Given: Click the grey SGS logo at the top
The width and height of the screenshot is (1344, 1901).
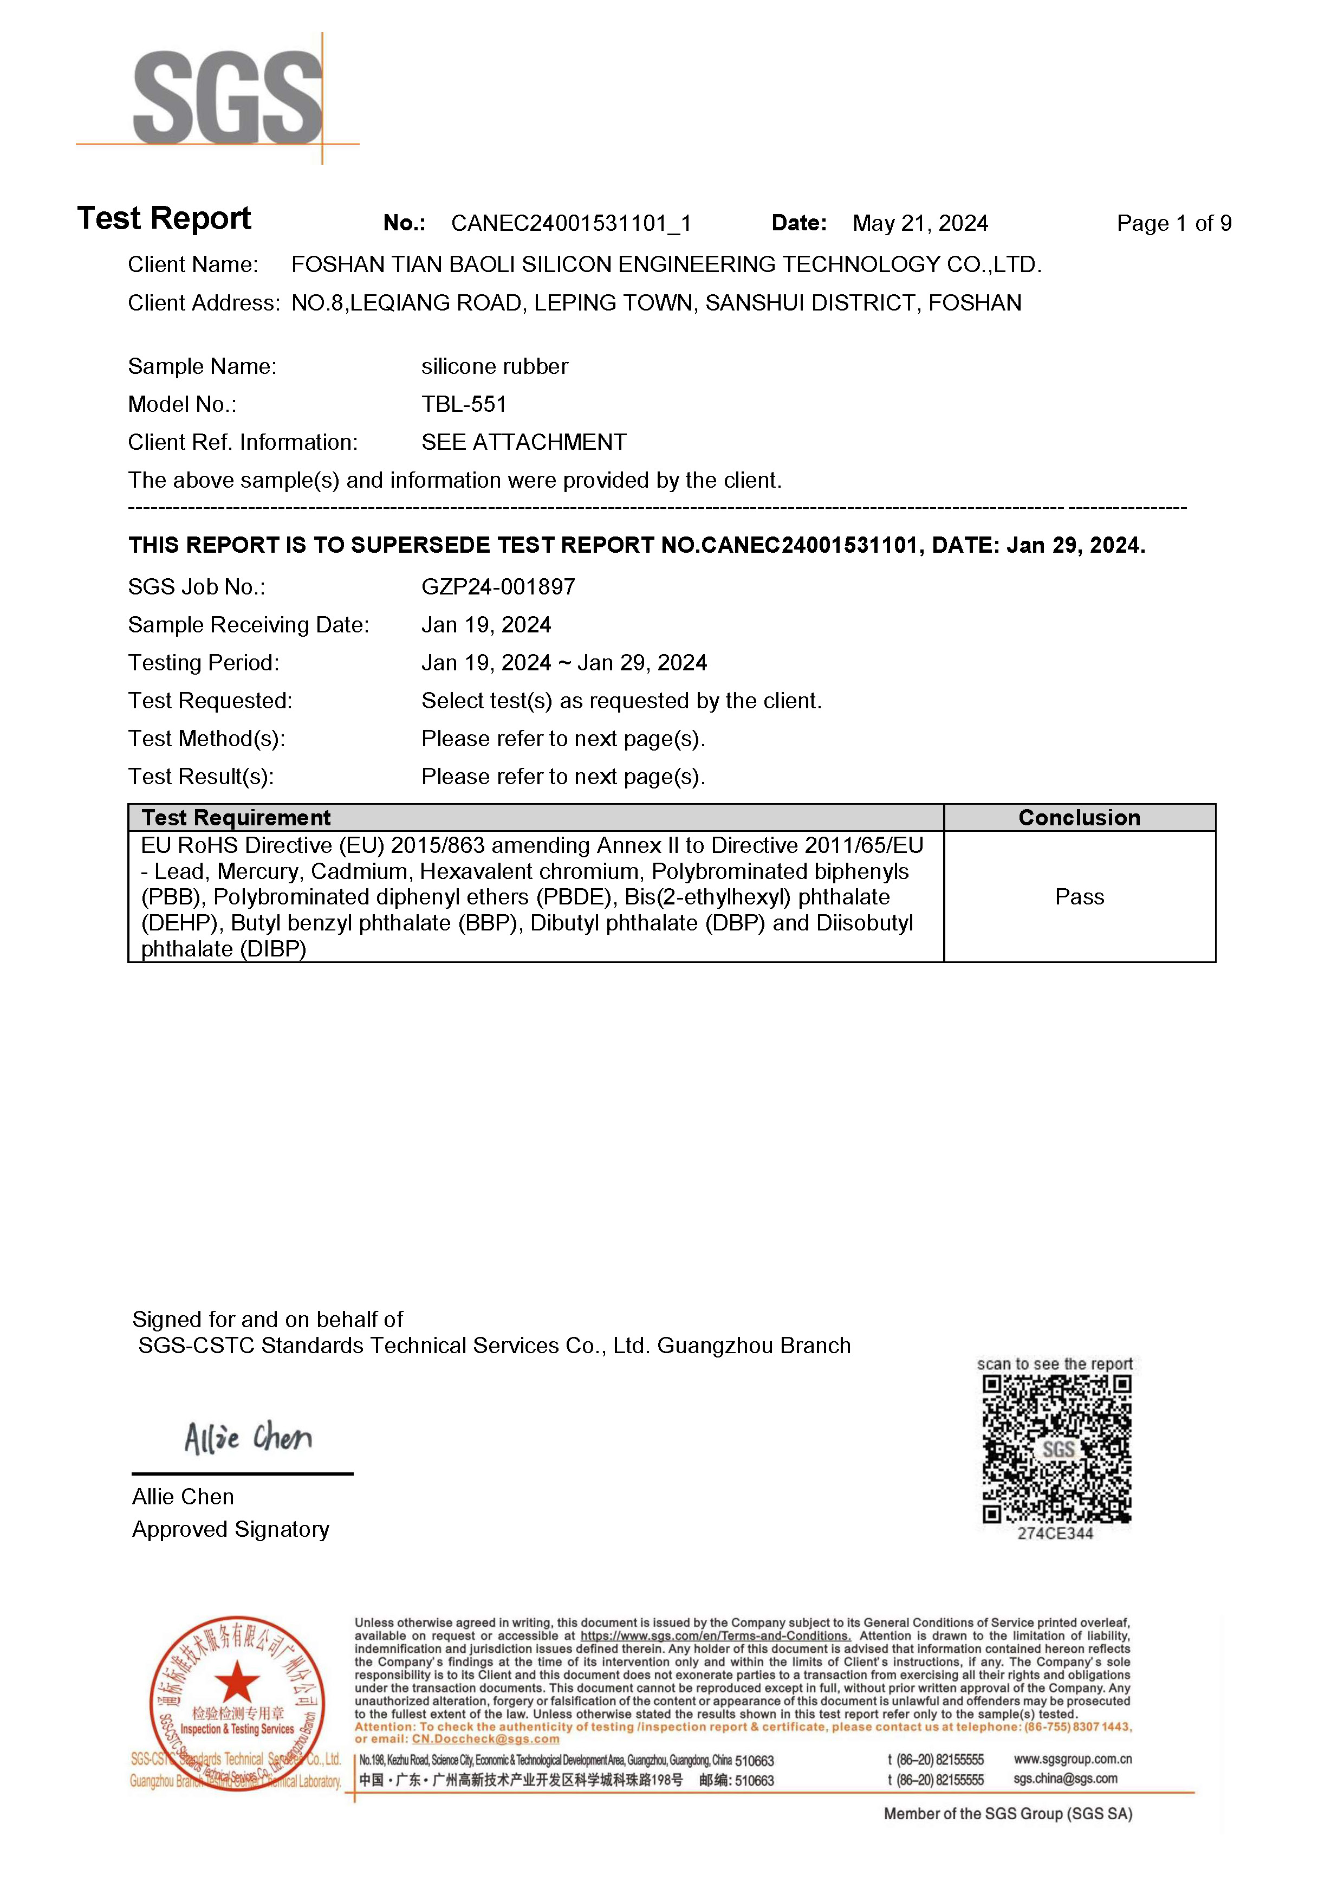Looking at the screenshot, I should coord(228,97).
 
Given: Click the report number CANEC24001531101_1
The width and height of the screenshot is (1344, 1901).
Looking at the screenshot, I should coord(571,224).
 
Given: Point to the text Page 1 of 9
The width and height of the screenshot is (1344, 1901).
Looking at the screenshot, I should coord(1173,224).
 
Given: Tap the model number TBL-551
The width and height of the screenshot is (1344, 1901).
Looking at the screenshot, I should coord(464,404).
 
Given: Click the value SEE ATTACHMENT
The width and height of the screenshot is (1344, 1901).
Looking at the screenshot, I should coord(523,442).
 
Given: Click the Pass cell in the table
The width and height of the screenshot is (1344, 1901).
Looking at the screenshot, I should coord(1079,897).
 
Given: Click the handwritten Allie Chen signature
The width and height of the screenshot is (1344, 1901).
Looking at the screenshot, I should coord(248,1438).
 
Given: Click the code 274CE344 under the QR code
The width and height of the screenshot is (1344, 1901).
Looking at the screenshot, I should coord(1055,1534).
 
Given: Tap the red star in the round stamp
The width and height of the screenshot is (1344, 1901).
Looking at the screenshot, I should coord(237,1682).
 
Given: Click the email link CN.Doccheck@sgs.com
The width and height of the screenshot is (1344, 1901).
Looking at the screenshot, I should coord(486,1739).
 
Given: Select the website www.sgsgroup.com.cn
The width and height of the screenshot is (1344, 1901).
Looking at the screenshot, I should coord(1073,1758).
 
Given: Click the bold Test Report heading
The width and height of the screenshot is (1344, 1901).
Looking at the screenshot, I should coord(164,218).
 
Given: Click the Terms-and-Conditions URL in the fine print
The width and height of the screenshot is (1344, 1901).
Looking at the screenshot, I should coord(715,1636).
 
